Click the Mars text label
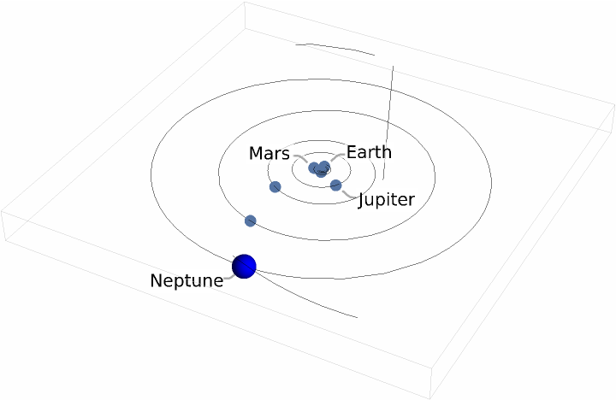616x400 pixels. (x=269, y=154)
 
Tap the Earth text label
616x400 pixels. (x=369, y=152)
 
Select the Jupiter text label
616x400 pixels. (x=386, y=200)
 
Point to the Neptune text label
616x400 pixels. (x=187, y=280)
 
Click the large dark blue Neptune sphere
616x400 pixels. (x=245, y=266)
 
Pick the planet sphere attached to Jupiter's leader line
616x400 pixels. (x=335, y=185)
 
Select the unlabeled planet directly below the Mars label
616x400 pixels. (x=275, y=187)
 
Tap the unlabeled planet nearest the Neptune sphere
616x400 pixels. (x=251, y=221)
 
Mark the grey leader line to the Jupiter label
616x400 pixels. (x=348, y=195)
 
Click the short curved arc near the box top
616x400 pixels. (x=335, y=48)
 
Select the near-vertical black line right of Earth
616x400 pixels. (x=388, y=120)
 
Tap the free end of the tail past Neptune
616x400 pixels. (x=356, y=317)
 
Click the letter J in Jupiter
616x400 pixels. (x=362, y=200)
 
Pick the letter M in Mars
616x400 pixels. (x=256, y=154)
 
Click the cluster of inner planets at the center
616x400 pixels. (x=320, y=168)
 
